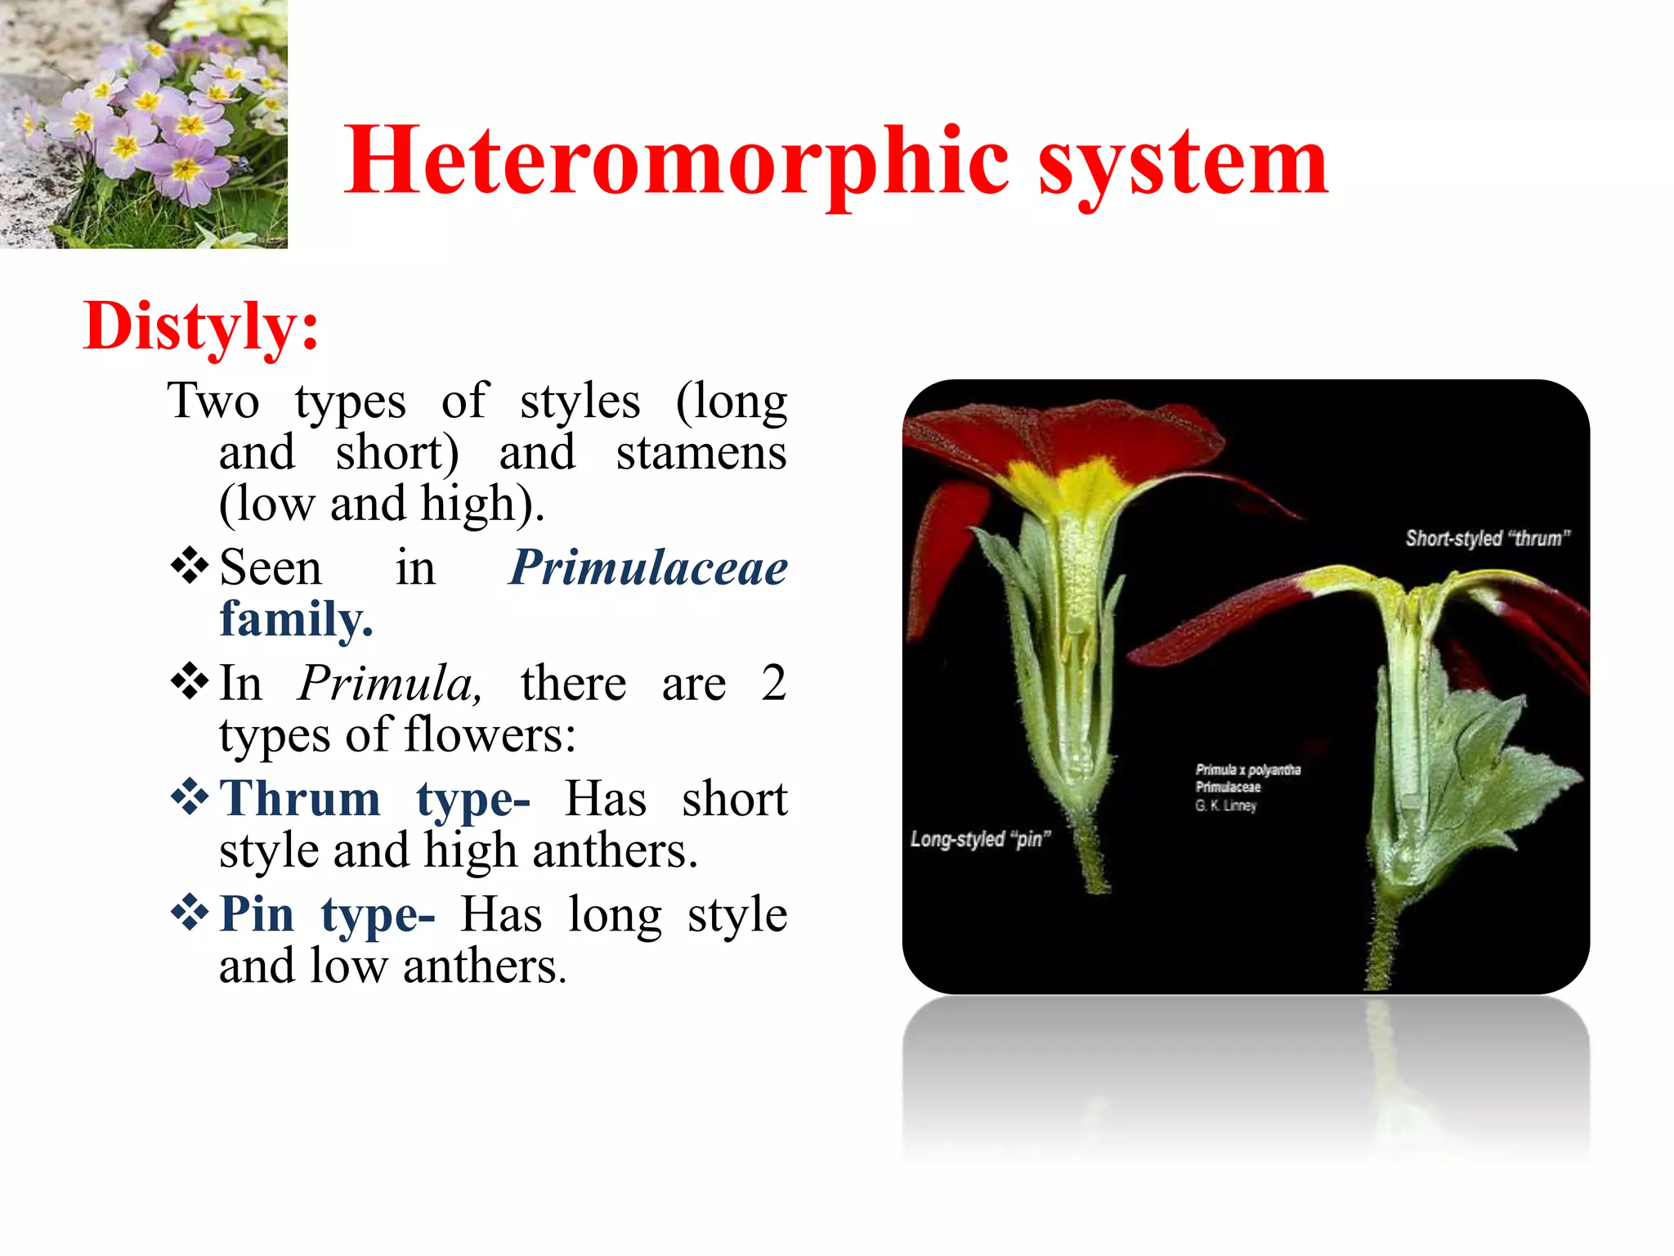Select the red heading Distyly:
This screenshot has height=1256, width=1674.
pos(200,326)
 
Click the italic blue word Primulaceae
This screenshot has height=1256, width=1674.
pos(647,567)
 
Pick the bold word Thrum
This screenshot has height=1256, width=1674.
pos(300,799)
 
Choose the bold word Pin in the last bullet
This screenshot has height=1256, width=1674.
pos(257,914)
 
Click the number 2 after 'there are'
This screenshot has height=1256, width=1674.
pos(772,684)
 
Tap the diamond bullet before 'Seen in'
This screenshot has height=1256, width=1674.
pos(190,566)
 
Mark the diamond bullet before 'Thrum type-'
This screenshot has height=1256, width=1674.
pos(190,796)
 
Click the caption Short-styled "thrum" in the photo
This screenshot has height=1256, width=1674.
pos(1487,538)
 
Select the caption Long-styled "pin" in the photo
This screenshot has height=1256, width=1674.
pos(979,839)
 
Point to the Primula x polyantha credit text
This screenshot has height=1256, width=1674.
pos(1247,770)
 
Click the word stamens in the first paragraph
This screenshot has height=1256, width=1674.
pos(700,453)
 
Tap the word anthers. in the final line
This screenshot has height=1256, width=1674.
pos(484,967)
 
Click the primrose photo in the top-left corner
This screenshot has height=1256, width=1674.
pos(143,123)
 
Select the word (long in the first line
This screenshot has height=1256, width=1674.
pos(731,401)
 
